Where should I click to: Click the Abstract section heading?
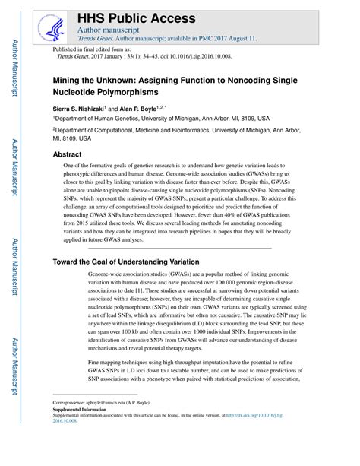pyautogui.click(x=67, y=154)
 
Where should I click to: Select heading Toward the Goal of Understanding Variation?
pyautogui.click(x=126, y=262)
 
